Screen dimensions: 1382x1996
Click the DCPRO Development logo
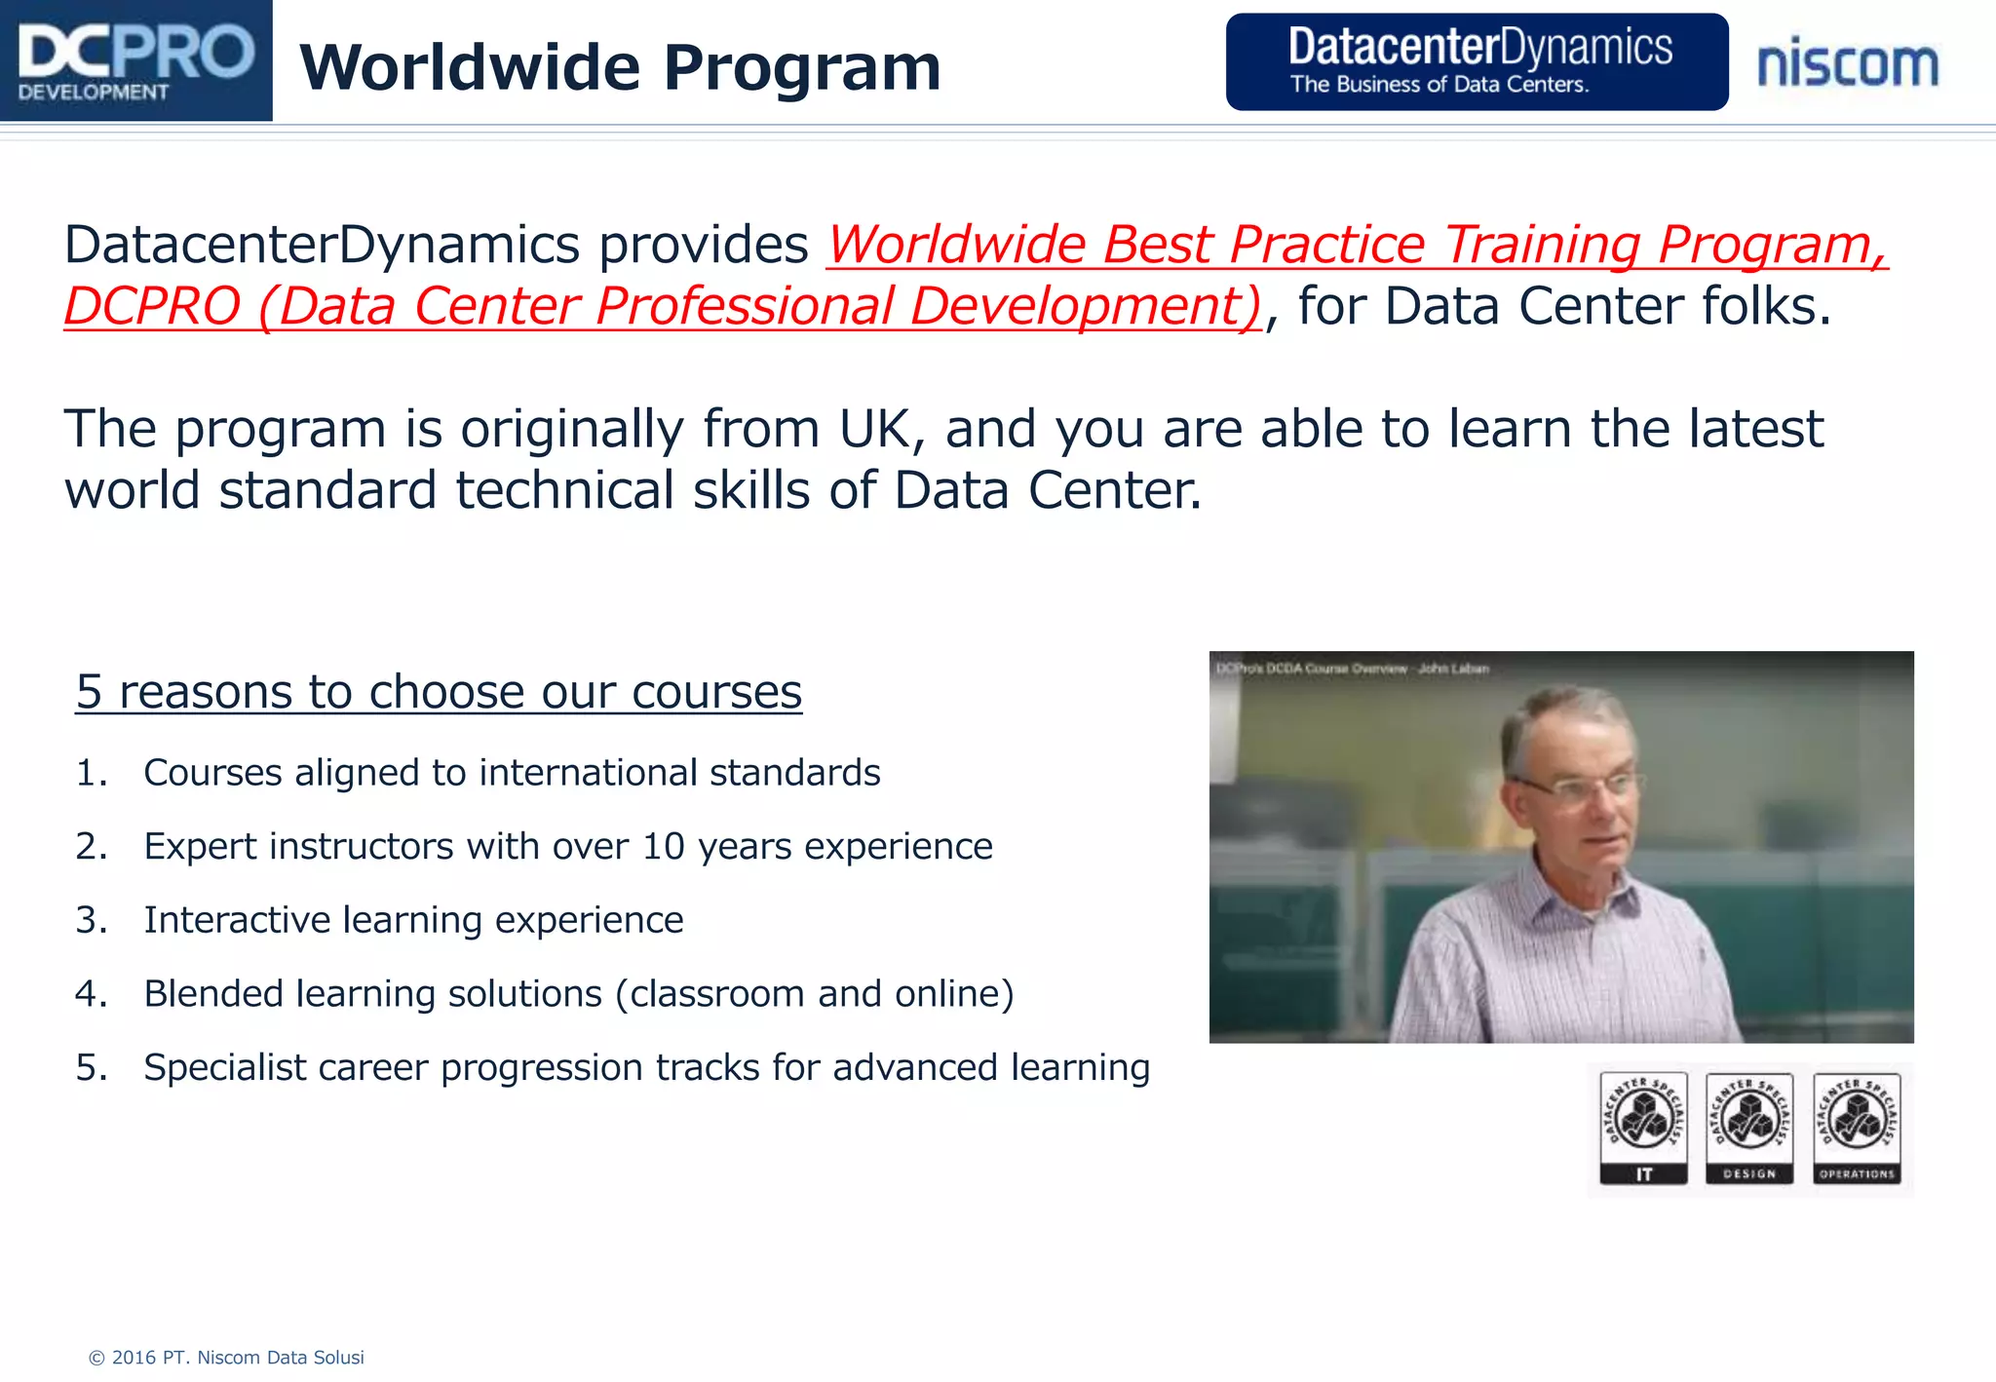pos(135,60)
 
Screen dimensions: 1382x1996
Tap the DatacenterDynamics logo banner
pos(1477,61)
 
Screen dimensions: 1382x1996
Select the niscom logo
pos(1848,64)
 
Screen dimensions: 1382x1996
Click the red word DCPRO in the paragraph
pos(152,306)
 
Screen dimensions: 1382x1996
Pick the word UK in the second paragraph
pos(880,429)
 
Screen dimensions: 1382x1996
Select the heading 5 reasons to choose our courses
pos(439,692)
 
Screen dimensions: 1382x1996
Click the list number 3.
pos(91,920)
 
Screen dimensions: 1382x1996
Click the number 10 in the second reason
pos(663,846)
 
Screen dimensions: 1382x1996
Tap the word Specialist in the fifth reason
pos(225,1068)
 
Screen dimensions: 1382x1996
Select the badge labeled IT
pos(1643,1129)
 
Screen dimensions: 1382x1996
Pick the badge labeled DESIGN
pos(1749,1129)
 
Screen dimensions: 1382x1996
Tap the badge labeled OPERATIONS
pos(1857,1129)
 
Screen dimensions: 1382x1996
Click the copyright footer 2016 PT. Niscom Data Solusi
pos(226,1358)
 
